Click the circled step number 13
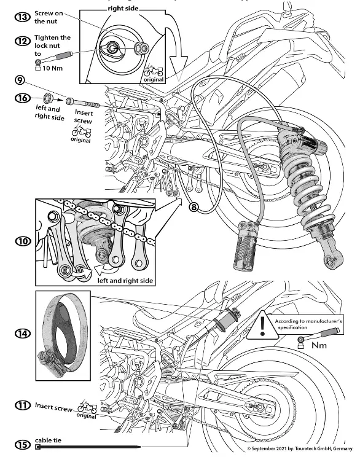tap(23, 17)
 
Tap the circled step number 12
tap(23, 41)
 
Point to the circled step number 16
tap(23, 97)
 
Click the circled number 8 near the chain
tap(194, 208)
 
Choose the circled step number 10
tap(23, 241)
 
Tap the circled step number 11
tap(23, 406)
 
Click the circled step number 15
tap(23, 445)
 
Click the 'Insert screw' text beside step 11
tap(53, 406)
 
